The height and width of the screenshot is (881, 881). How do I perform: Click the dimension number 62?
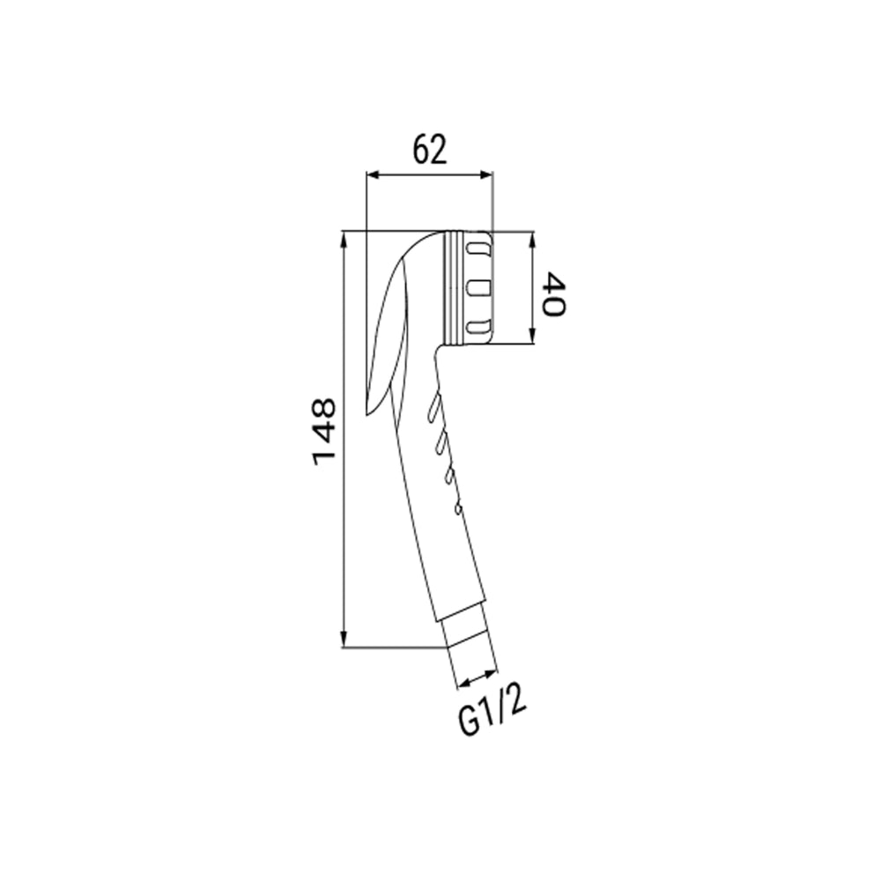pyautogui.click(x=430, y=150)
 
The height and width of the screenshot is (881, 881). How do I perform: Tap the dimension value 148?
pyautogui.click(x=324, y=432)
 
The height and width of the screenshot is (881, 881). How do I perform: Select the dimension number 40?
pyautogui.click(x=553, y=294)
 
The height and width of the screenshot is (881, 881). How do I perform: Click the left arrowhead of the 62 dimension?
pyautogui.click(x=374, y=176)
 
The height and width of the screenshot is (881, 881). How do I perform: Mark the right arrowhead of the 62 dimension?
pyautogui.click(x=485, y=176)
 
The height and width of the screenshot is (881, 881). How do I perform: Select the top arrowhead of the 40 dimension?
pyautogui.click(x=533, y=240)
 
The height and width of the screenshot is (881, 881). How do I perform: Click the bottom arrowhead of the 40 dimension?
pyautogui.click(x=533, y=336)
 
